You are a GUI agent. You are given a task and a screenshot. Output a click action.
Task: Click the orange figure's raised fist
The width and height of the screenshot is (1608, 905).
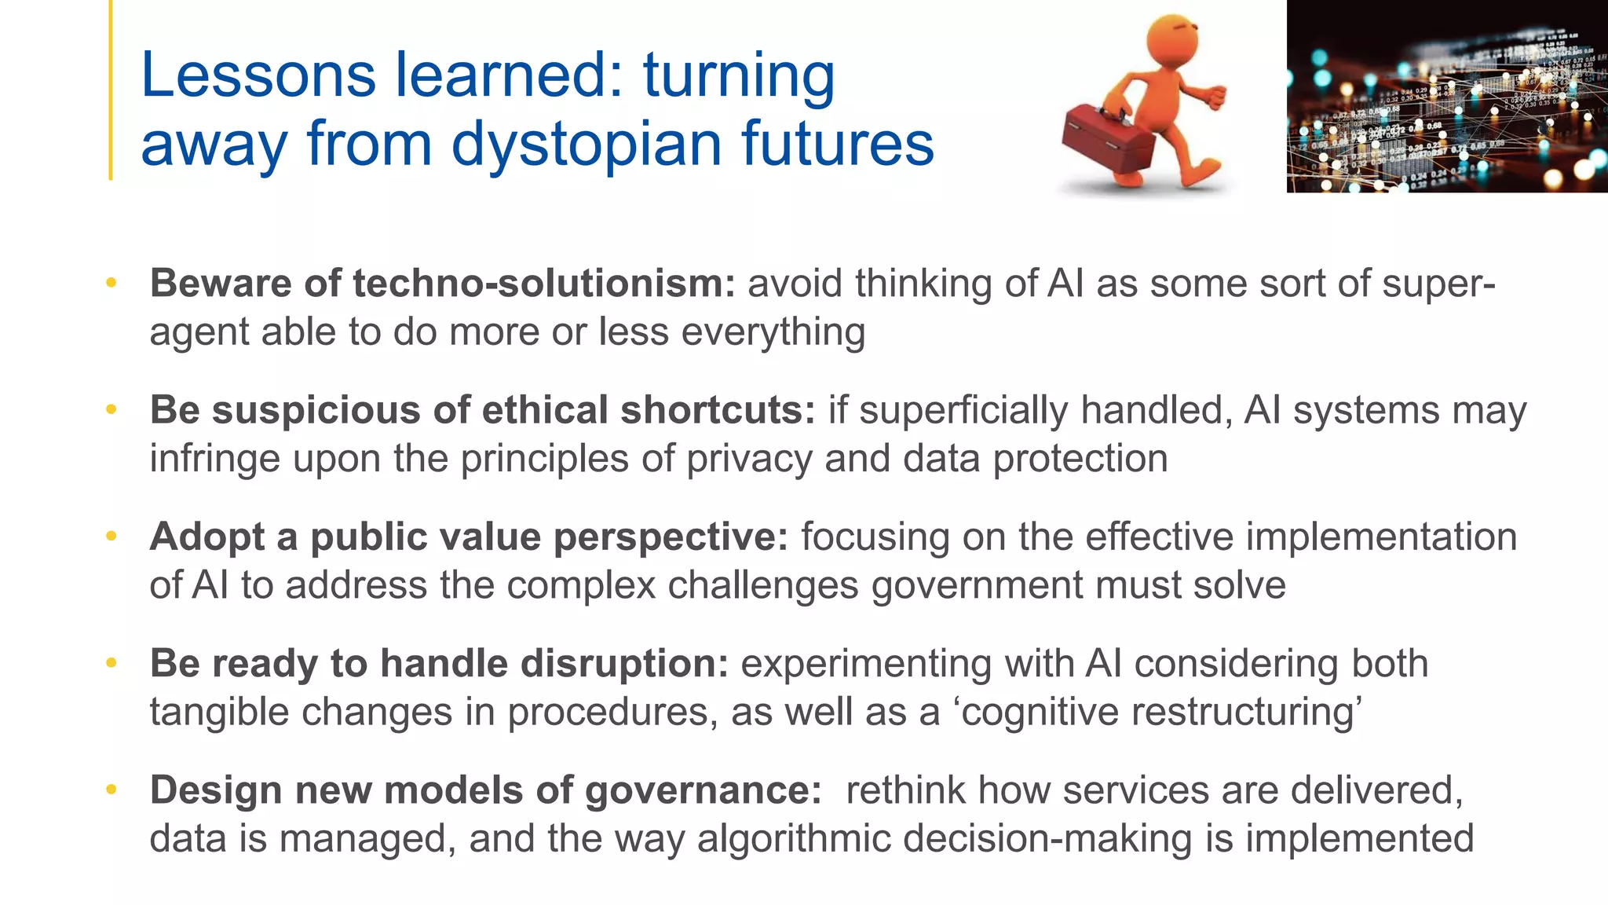pos(1213,97)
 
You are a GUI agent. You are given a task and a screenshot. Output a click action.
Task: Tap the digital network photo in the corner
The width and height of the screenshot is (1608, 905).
pos(1446,96)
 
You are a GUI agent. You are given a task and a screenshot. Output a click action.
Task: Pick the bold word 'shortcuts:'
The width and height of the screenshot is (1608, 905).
pos(718,410)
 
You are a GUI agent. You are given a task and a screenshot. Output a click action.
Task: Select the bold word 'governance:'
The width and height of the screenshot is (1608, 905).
pos(703,790)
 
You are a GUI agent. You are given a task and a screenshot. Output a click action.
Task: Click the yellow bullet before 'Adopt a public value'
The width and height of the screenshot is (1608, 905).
pos(111,537)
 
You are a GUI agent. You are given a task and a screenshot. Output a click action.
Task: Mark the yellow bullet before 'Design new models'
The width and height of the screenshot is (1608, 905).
pos(111,790)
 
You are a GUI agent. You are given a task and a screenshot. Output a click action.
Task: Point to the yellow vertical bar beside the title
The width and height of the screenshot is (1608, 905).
pos(111,90)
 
